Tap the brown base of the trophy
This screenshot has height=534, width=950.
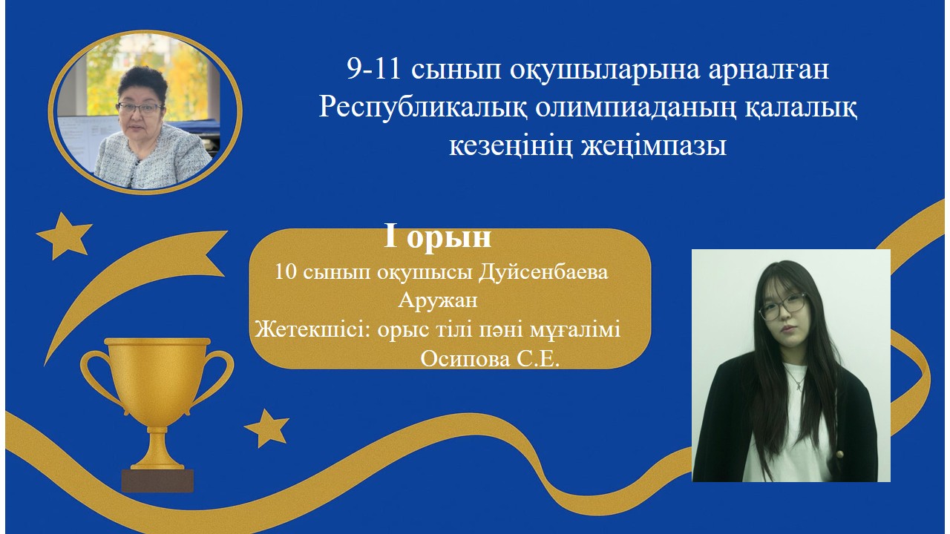click(x=157, y=481)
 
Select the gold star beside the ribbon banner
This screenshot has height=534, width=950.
click(x=64, y=236)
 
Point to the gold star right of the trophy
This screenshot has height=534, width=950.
click(x=266, y=428)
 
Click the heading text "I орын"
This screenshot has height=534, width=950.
click(x=438, y=237)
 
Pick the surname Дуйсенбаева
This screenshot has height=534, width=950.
click(x=543, y=272)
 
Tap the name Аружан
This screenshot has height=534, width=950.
click(x=438, y=300)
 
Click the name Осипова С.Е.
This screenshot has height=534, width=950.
click(x=490, y=360)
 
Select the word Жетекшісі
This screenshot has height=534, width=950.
click(x=313, y=329)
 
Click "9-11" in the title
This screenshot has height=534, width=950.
click(x=374, y=70)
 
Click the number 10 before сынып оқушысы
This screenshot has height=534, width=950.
click(x=286, y=272)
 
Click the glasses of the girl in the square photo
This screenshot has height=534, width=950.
click(x=782, y=307)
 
